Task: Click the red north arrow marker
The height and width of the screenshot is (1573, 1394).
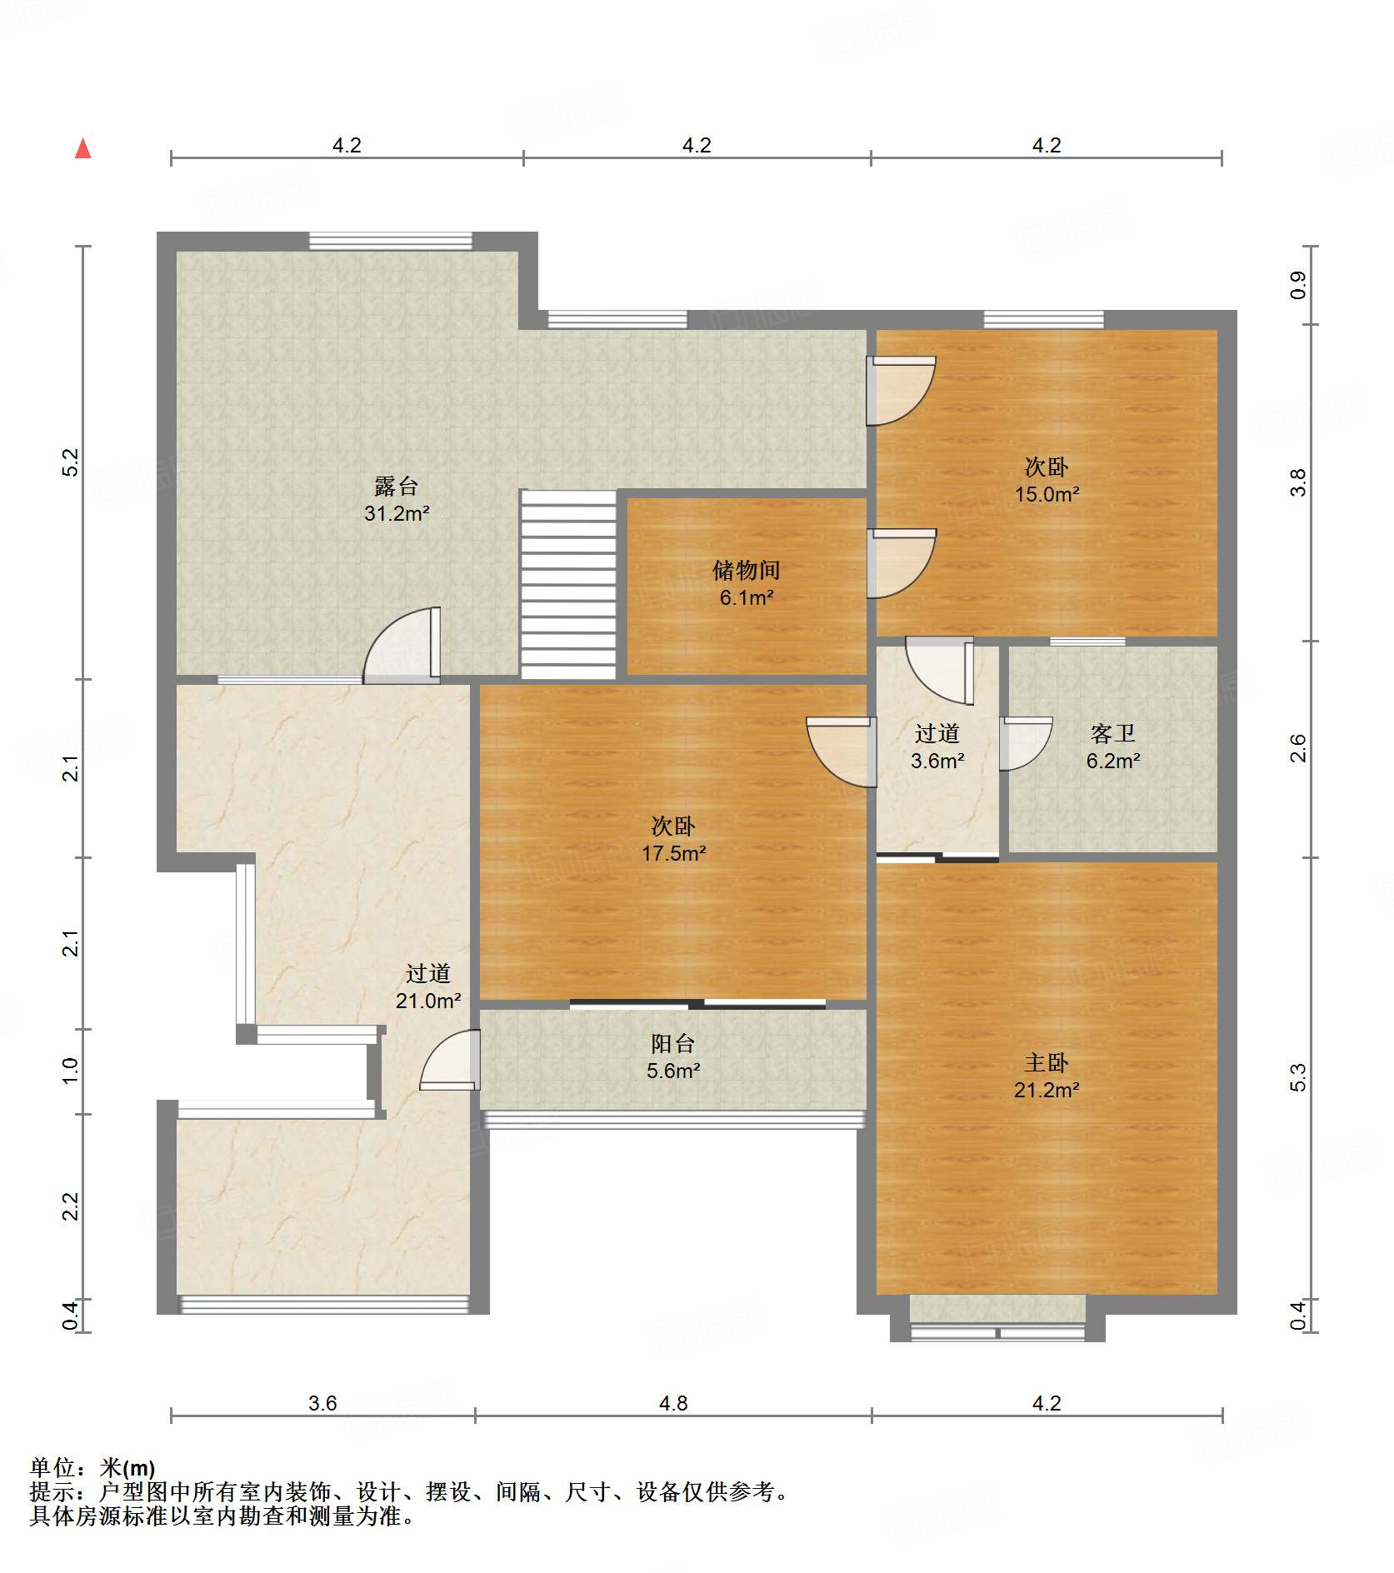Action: pos(83,148)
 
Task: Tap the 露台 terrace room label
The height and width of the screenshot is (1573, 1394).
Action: pos(396,486)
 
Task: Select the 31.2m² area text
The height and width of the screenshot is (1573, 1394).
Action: pos(396,513)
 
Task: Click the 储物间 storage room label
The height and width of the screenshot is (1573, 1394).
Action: pos(746,570)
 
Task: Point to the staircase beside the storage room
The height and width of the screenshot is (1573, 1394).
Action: pos(568,584)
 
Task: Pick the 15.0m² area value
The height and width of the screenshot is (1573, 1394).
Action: pos(1047,494)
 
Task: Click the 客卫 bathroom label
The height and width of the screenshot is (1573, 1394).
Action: pos(1112,733)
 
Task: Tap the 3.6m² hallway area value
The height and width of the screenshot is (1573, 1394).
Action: pos(937,761)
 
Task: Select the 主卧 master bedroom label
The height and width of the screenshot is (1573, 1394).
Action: pos(1047,1062)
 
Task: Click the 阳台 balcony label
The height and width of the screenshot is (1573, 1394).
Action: pos(672,1043)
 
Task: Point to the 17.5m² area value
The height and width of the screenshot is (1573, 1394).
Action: pos(673,853)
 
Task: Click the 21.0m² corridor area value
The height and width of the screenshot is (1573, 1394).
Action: pos(428,1001)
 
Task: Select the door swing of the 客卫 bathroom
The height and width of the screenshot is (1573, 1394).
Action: pos(1026,743)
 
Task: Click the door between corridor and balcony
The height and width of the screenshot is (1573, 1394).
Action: pos(450,1060)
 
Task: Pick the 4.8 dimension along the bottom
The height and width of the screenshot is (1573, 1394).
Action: pos(673,1404)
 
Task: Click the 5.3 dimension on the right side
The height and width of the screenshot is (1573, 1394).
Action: pos(1297,1077)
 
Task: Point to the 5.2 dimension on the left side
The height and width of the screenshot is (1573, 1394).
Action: pos(71,462)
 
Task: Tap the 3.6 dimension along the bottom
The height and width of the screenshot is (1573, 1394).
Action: pos(322,1404)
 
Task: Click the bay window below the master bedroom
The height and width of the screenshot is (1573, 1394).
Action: pos(997,1317)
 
